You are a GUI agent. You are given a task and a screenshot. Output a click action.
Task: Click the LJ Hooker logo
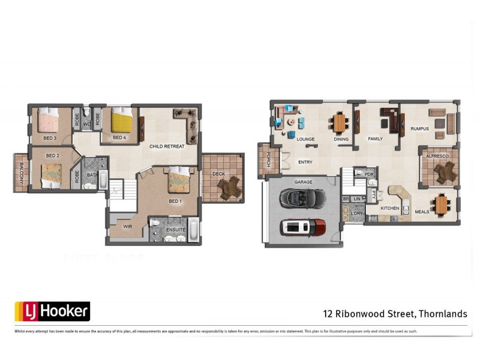[52, 311]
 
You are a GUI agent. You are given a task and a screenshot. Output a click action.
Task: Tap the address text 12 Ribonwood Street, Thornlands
[395, 313]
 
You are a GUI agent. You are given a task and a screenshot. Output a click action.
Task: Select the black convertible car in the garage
[302, 197]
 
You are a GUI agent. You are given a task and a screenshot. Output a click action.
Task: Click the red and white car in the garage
[303, 227]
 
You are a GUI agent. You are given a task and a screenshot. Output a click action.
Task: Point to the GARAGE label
[302, 181]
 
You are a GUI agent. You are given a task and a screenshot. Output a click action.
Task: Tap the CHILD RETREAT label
[167, 146]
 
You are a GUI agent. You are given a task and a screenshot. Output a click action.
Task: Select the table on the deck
[229, 188]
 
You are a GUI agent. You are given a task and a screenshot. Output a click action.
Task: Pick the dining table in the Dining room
[340, 123]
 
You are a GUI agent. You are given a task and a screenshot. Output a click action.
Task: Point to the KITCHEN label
[390, 208]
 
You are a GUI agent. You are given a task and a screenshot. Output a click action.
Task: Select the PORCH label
[262, 161]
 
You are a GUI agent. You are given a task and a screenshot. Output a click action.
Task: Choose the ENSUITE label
[175, 230]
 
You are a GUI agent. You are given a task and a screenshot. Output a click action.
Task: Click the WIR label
[127, 227]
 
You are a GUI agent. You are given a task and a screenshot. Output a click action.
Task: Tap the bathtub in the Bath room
[103, 180]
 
